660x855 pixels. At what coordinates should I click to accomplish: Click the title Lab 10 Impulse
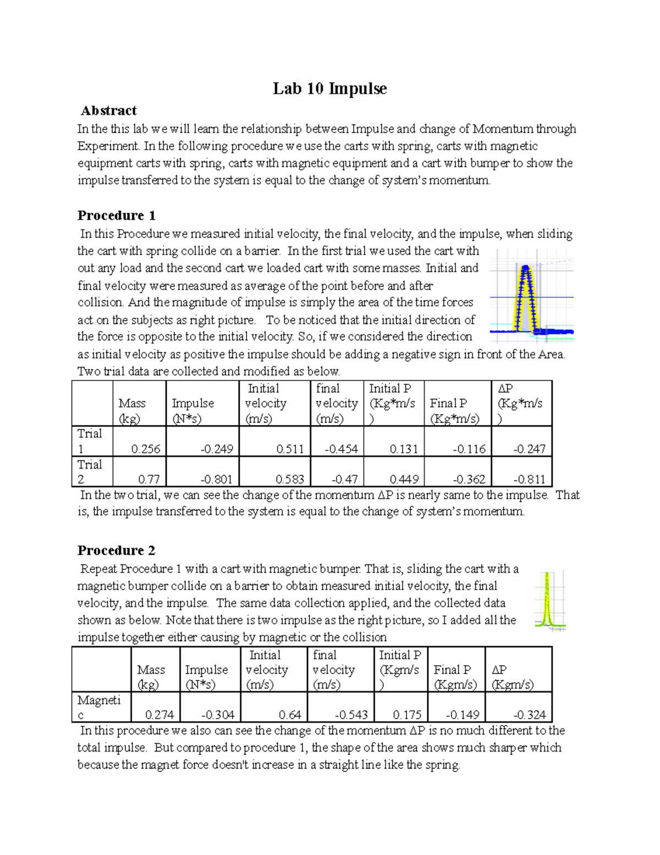click(329, 89)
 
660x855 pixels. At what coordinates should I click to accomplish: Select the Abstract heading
click(109, 111)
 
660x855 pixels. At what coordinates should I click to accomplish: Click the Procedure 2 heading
click(116, 551)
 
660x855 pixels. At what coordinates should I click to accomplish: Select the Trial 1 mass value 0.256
click(146, 449)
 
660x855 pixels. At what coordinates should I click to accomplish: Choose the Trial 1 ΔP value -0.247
click(529, 449)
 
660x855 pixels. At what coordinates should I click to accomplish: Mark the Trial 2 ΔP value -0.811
click(529, 480)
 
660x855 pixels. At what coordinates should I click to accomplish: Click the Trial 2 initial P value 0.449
click(404, 480)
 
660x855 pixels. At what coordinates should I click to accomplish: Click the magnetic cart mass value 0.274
click(159, 715)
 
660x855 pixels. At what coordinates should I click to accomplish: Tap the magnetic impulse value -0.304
click(218, 715)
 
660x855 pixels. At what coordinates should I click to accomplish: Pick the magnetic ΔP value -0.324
click(529, 715)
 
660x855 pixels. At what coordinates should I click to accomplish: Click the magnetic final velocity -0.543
click(351, 715)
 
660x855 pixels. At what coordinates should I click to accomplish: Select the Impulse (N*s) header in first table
click(193, 411)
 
